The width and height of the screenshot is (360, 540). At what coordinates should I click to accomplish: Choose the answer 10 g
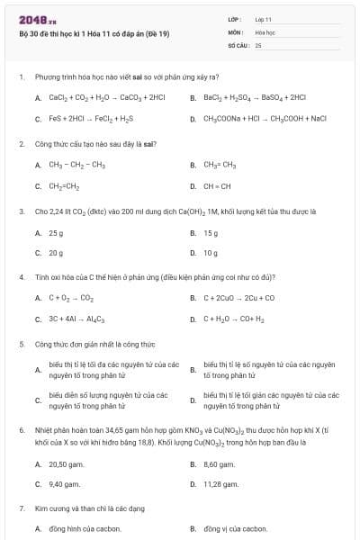pos(211,253)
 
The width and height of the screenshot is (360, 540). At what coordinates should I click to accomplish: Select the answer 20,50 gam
pos(66,463)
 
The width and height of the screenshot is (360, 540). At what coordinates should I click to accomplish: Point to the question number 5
pos(21,344)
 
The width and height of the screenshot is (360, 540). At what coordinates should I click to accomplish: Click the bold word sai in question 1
pos(138,77)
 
